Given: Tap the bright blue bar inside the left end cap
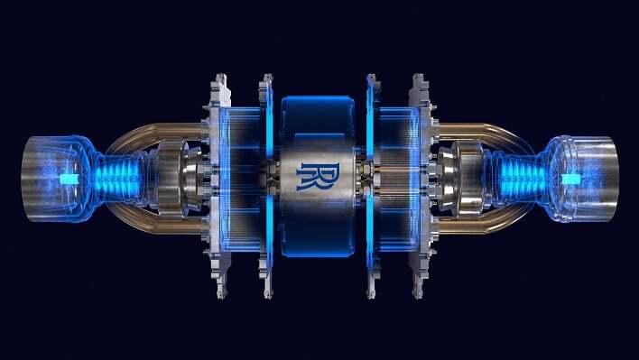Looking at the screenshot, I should (x=64, y=180).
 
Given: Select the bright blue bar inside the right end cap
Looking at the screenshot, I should (x=570, y=178).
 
